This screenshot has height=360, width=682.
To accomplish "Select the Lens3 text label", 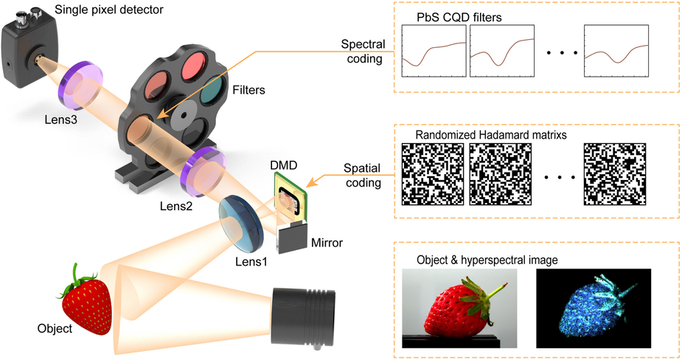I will coord(63,117).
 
